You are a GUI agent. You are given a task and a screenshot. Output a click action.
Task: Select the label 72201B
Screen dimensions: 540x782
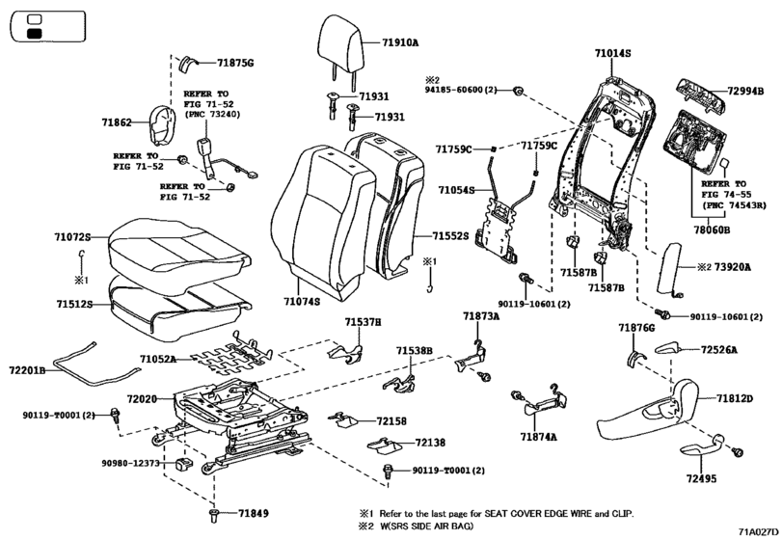pyautogui.click(x=28, y=369)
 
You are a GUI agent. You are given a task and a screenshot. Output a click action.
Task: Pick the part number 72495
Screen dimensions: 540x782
pyautogui.click(x=704, y=477)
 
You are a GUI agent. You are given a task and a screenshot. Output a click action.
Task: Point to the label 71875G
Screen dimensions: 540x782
pyautogui.click(x=235, y=63)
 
